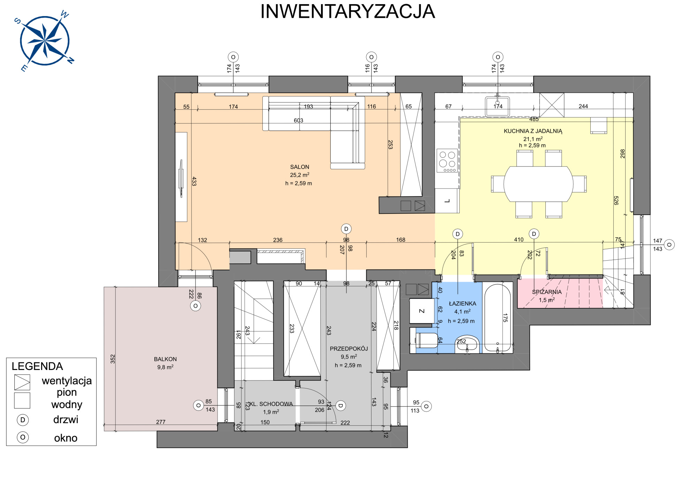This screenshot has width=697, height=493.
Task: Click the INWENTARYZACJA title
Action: [x=348, y=11]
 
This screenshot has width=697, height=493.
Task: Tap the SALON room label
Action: [x=300, y=167]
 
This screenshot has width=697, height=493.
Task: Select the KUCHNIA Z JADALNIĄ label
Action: [x=533, y=131]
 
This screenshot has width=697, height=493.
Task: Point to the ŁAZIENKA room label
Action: [x=462, y=303]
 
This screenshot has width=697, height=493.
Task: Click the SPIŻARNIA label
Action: [x=547, y=292]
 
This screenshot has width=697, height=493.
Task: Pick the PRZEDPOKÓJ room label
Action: [x=349, y=348]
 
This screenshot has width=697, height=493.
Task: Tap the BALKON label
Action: [x=165, y=359]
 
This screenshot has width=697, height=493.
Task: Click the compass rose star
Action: [x=45, y=41]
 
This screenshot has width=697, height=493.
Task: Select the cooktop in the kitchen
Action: [x=447, y=161]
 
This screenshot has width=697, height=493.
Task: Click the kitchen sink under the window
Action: [x=497, y=106]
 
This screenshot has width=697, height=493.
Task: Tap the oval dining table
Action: [x=538, y=184]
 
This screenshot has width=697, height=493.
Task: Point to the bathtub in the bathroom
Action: [x=497, y=318]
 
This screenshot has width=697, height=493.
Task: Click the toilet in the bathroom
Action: [x=426, y=340]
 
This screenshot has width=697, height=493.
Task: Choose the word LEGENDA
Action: [x=37, y=366]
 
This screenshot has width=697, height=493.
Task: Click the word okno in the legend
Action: [x=66, y=438]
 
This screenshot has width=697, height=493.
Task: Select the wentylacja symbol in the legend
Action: [x=22, y=382]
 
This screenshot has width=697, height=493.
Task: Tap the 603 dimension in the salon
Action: [x=298, y=121]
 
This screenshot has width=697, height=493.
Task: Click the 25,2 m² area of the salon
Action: [x=300, y=175]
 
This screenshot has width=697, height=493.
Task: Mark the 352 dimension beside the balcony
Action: [x=113, y=359]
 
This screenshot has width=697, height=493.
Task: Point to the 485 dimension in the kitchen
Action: [x=534, y=119]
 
